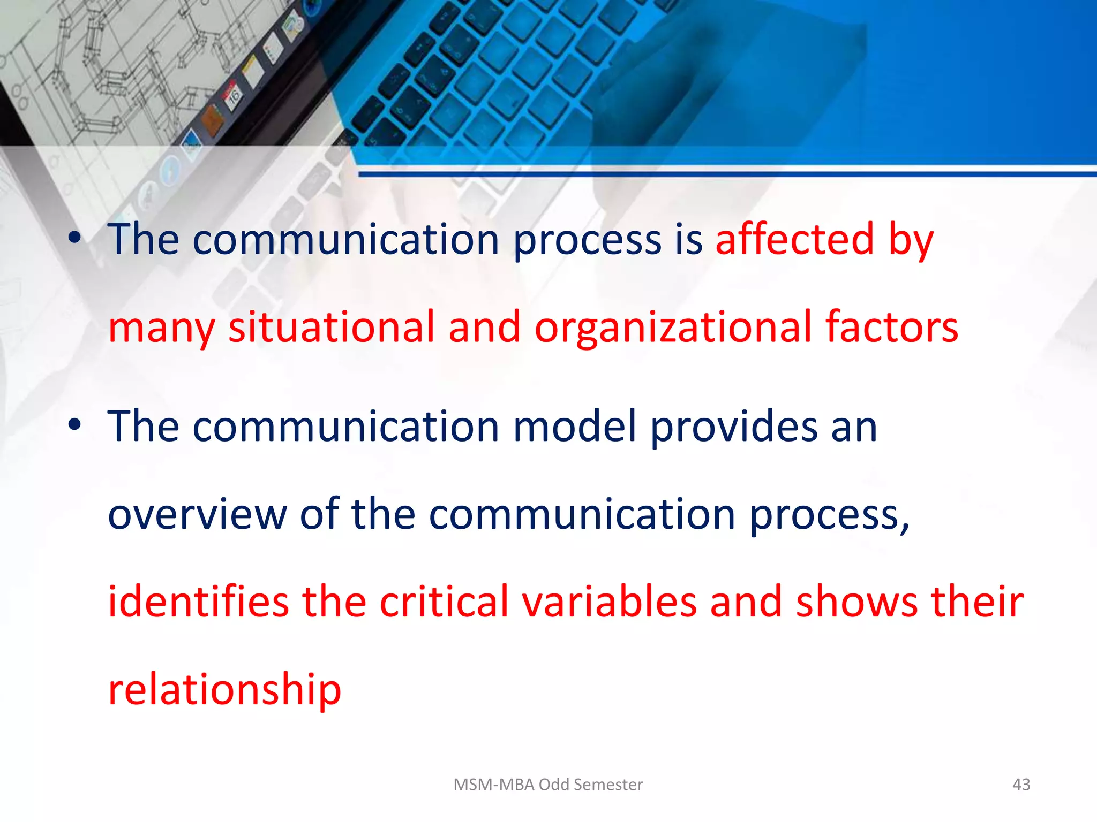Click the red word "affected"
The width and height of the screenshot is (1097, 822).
795,239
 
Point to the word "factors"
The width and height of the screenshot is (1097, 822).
891,327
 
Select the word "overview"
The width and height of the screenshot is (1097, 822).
198,514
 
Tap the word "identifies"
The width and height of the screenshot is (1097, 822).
198,602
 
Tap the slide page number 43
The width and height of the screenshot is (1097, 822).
1021,785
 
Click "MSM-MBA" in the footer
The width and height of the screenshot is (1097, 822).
494,785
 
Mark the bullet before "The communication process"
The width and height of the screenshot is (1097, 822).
74,238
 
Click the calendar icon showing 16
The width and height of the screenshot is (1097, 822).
234,96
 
